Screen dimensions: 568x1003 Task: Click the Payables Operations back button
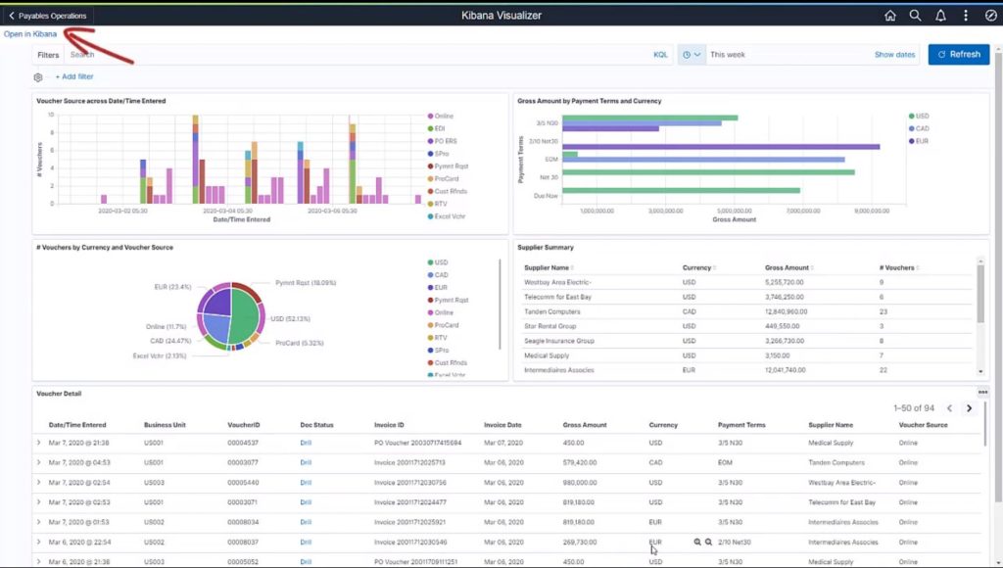click(48, 16)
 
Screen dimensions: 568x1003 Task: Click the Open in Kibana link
click(30, 34)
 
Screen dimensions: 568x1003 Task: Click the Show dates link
click(894, 55)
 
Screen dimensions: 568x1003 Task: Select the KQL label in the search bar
click(660, 55)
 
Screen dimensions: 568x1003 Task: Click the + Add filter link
click(74, 76)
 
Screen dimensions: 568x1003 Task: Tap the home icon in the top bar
click(889, 16)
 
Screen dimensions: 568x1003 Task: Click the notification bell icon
click(940, 16)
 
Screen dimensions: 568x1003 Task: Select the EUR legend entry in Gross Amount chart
click(922, 141)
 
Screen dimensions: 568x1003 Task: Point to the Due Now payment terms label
click(546, 196)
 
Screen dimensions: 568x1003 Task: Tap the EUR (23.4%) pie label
click(172, 287)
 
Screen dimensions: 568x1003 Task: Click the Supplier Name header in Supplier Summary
click(547, 267)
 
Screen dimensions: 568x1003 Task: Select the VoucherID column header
click(244, 425)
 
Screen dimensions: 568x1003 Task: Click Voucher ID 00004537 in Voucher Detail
click(242, 443)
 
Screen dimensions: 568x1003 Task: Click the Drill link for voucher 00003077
click(306, 462)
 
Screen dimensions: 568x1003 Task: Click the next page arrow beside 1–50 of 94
click(969, 408)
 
